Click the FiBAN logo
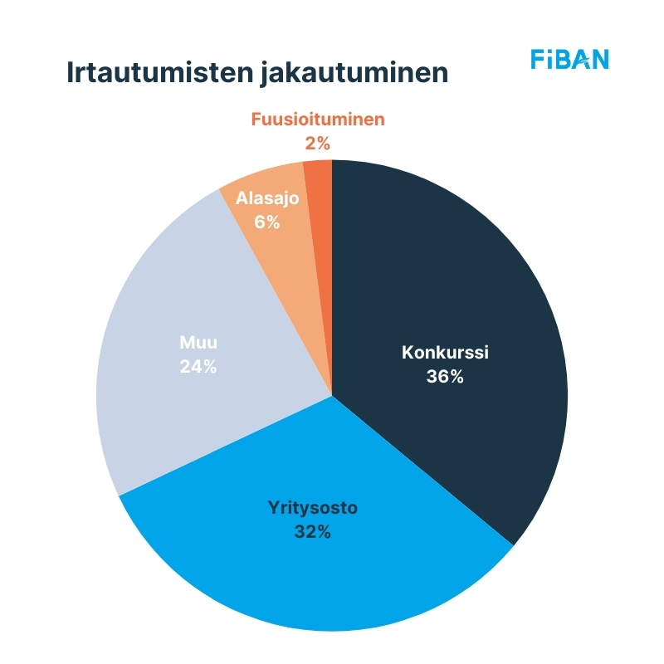coord(569,59)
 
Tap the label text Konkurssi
coord(445,351)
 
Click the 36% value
coord(445,376)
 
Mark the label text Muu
coord(198,341)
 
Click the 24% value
coord(198,366)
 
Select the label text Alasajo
coord(266,198)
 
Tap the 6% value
coord(266,222)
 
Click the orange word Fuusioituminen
coord(318,119)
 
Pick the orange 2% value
coord(318,144)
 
